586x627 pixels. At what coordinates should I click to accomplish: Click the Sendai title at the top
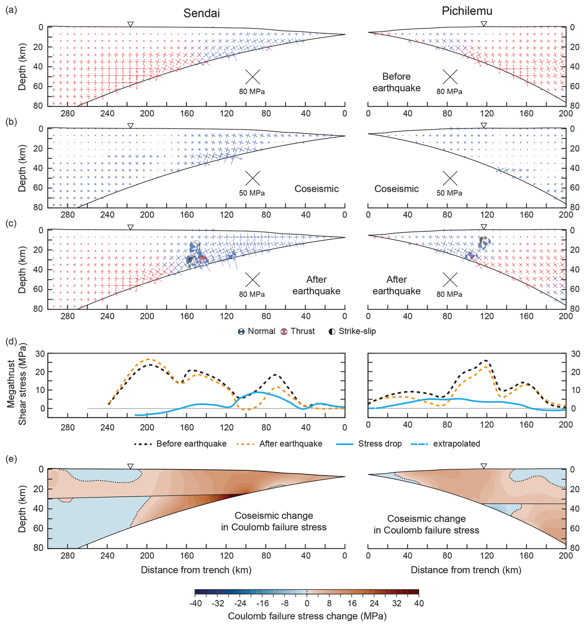click(201, 13)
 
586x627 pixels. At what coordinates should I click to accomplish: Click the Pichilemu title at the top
click(466, 11)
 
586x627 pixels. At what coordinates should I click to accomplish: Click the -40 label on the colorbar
click(195, 604)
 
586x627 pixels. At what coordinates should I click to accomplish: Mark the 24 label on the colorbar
click(374, 604)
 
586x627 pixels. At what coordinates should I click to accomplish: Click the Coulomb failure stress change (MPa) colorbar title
click(307, 616)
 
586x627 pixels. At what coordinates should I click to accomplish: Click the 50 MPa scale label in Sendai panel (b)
click(251, 193)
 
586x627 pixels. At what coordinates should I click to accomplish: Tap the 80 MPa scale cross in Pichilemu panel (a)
click(450, 77)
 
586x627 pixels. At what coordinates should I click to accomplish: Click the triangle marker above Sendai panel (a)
click(130, 24)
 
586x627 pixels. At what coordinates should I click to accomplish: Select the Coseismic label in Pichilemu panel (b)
click(396, 189)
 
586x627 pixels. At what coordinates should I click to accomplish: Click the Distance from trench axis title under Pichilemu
click(466, 570)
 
